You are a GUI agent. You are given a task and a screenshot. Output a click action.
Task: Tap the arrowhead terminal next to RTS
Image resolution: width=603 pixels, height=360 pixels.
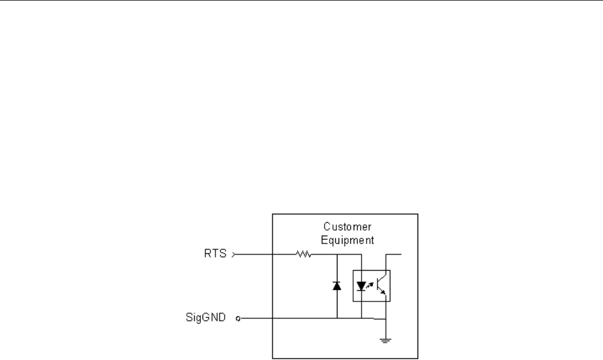[234, 255]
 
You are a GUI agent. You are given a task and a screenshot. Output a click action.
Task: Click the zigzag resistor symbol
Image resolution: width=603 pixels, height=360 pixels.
[303, 255]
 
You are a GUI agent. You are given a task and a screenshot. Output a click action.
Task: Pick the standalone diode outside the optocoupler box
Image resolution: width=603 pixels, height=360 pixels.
[336, 286]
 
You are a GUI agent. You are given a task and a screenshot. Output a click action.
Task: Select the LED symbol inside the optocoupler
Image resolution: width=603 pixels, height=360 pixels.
[361, 286]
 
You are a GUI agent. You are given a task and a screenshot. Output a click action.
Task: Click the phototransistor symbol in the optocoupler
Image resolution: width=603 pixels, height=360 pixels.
[380, 286]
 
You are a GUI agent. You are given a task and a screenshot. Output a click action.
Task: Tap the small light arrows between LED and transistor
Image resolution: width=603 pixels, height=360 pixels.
[370, 285]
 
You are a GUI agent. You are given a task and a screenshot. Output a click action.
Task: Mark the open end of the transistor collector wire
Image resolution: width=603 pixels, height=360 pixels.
[402, 255]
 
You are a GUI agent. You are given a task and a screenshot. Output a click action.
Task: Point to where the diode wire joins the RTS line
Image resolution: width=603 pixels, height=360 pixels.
[336, 255]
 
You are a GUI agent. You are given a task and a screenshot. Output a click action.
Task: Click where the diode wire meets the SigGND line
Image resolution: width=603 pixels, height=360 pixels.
[336, 319]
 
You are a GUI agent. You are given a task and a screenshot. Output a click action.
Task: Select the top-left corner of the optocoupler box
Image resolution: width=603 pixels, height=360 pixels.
[353, 270]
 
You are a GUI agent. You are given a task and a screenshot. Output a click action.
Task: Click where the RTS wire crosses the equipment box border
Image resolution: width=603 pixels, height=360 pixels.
[272, 255]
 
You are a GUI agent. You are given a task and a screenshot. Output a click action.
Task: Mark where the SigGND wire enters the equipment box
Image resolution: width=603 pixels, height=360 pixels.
[272, 319]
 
